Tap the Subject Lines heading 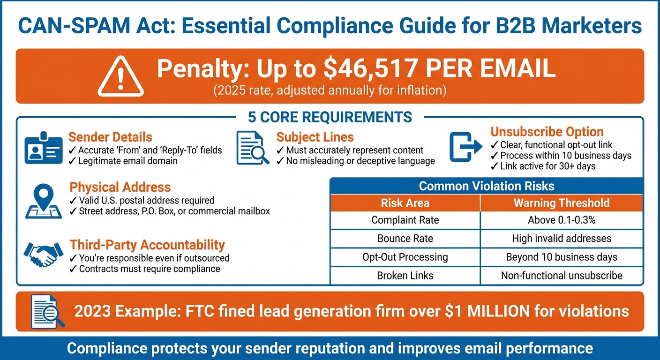(315, 137)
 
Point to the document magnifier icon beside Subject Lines (253, 148)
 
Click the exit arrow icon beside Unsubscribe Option (466, 147)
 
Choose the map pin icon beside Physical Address (43, 202)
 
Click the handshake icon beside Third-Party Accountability (43, 254)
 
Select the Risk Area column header (405, 203)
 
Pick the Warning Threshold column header (562, 203)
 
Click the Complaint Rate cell (405, 220)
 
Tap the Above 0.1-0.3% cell (562, 220)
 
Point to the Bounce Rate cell (405, 239)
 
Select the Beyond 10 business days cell (562, 257)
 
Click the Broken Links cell (405, 276)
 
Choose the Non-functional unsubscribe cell (562, 276)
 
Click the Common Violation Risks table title (487, 186)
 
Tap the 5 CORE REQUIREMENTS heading (330, 117)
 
